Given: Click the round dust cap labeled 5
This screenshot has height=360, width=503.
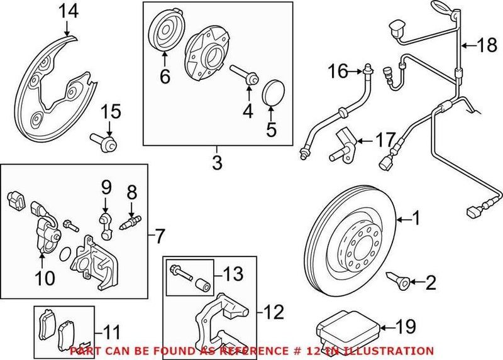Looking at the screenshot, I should point(272,90).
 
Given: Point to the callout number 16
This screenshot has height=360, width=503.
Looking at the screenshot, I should point(338,72).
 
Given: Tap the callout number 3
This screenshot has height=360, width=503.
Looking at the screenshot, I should point(217,164).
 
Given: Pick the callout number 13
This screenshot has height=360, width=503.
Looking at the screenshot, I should point(233,274).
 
